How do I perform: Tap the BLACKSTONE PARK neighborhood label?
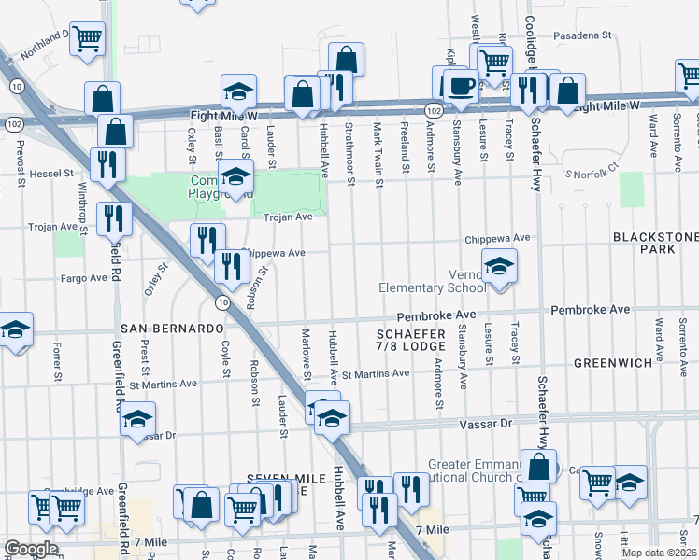(654, 244)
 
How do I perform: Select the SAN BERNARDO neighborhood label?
(172, 329)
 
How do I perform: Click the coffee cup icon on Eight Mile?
(460, 86)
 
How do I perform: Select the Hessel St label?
(50, 174)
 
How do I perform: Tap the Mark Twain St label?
(378, 141)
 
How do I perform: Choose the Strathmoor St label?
(349, 141)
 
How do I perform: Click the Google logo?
(31, 549)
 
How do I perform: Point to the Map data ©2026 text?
(659, 553)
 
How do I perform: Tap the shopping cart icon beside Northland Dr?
(87, 38)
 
